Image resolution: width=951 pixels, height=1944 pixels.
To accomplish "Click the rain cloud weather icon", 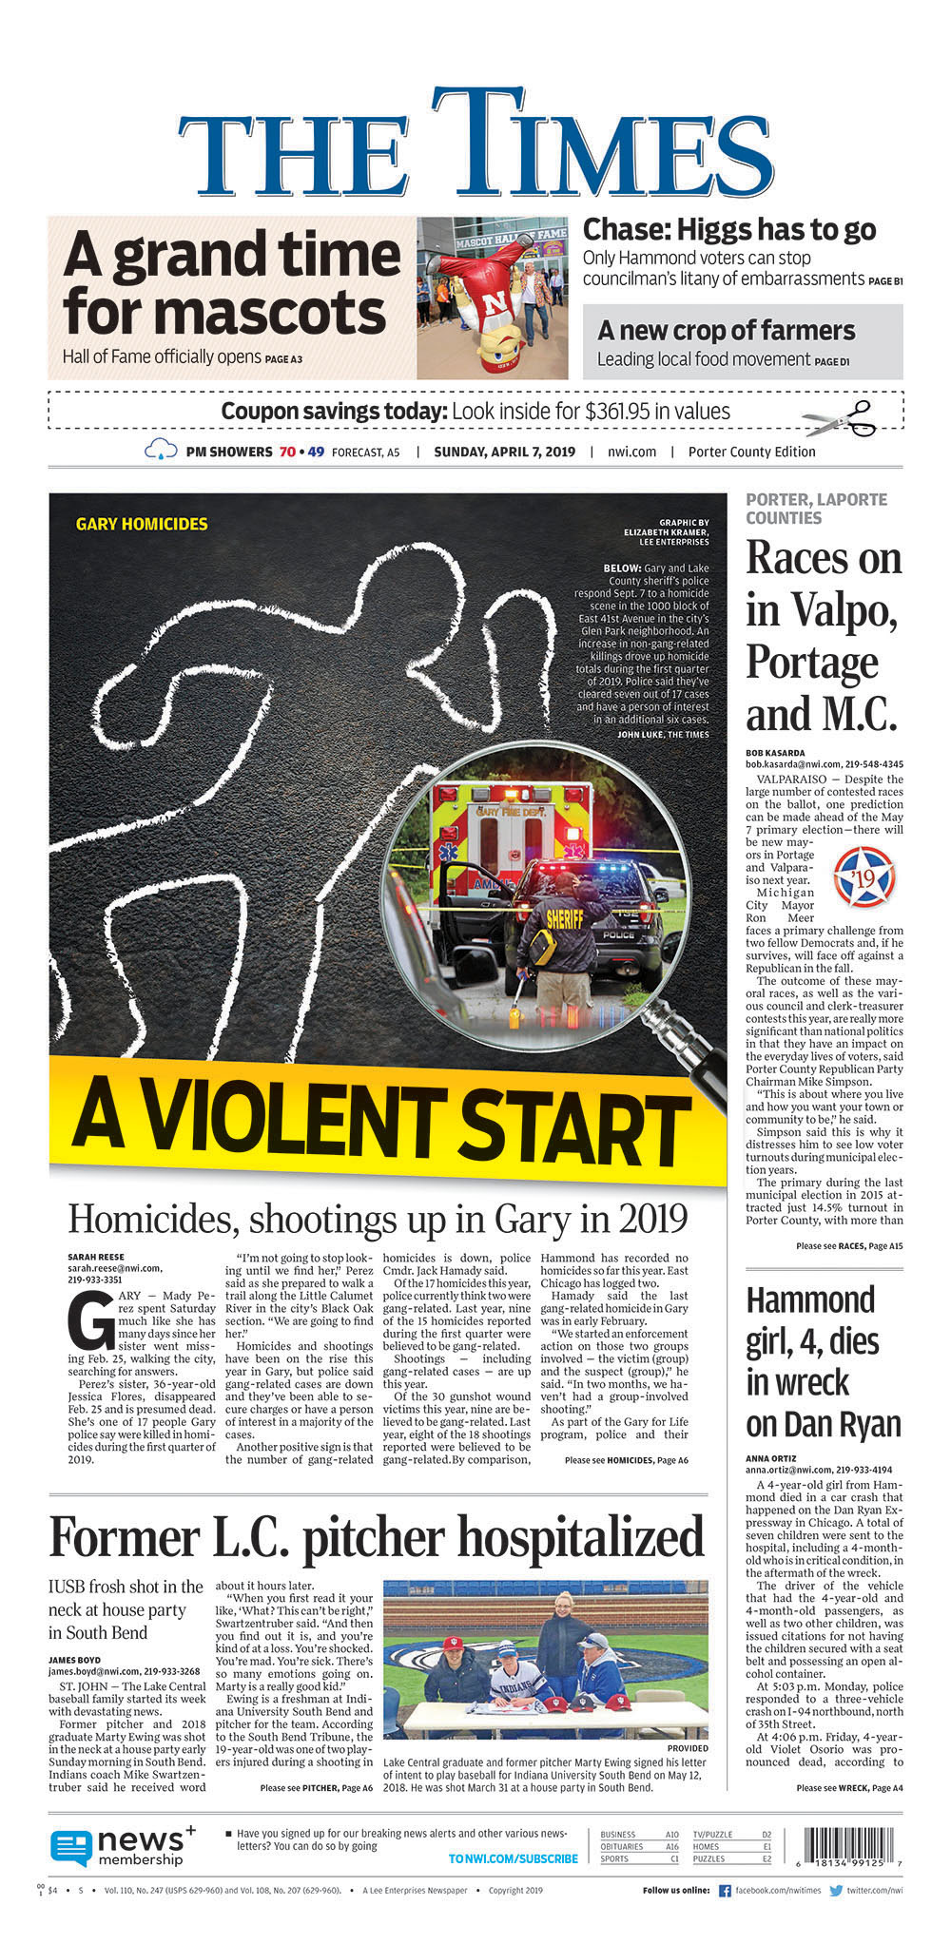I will pos(161,451).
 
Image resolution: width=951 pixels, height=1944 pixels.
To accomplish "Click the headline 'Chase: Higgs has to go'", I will pos(728,230).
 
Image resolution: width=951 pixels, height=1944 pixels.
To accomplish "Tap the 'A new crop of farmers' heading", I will pos(726,331).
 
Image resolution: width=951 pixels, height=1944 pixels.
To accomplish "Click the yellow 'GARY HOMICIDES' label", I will pos(142,524).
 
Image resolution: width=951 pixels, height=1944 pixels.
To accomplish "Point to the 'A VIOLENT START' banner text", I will pos(380,1121).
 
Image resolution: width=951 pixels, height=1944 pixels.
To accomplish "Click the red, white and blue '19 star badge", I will pos(864,876).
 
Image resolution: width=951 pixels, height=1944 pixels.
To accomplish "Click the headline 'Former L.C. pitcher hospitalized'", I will pos(377,1537).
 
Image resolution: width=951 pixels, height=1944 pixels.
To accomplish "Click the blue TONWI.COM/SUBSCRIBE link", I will pos(513,1858).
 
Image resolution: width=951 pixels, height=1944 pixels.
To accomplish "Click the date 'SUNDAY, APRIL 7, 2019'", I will pos(504,452).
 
